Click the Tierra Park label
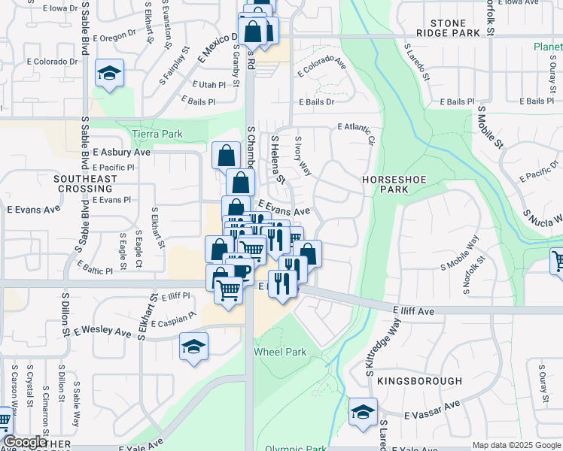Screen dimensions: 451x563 click(157, 134)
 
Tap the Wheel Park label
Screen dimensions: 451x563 click(280, 352)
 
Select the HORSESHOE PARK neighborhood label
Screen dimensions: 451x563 click(395, 185)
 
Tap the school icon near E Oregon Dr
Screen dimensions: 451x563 click(110, 74)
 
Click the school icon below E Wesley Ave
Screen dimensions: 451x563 click(193, 347)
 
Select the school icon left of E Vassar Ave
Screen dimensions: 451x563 click(363, 412)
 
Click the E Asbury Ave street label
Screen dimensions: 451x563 click(117, 152)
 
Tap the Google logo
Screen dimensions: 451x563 click(24, 442)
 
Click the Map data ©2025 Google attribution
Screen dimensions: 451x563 click(516, 445)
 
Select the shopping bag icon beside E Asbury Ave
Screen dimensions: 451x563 click(227, 156)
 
